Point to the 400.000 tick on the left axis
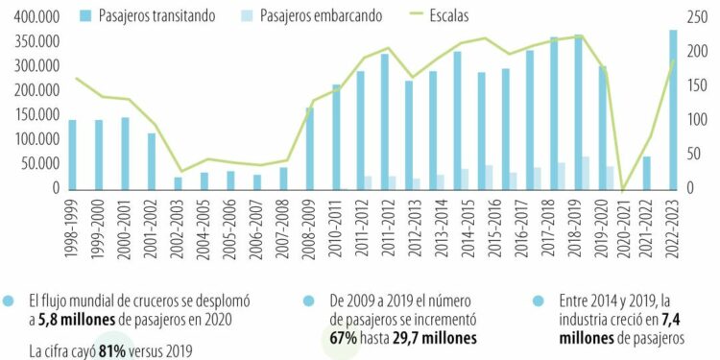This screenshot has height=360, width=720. (x=31, y=17)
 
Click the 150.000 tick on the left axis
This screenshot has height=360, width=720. (x=31, y=115)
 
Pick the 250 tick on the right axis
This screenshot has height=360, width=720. (x=699, y=17)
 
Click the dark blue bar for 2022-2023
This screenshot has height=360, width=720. (x=673, y=109)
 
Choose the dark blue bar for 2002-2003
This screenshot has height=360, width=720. (x=178, y=182)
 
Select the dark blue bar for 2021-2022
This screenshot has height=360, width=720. (x=647, y=173)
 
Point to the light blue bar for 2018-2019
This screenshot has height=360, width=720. (x=585, y=173)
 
